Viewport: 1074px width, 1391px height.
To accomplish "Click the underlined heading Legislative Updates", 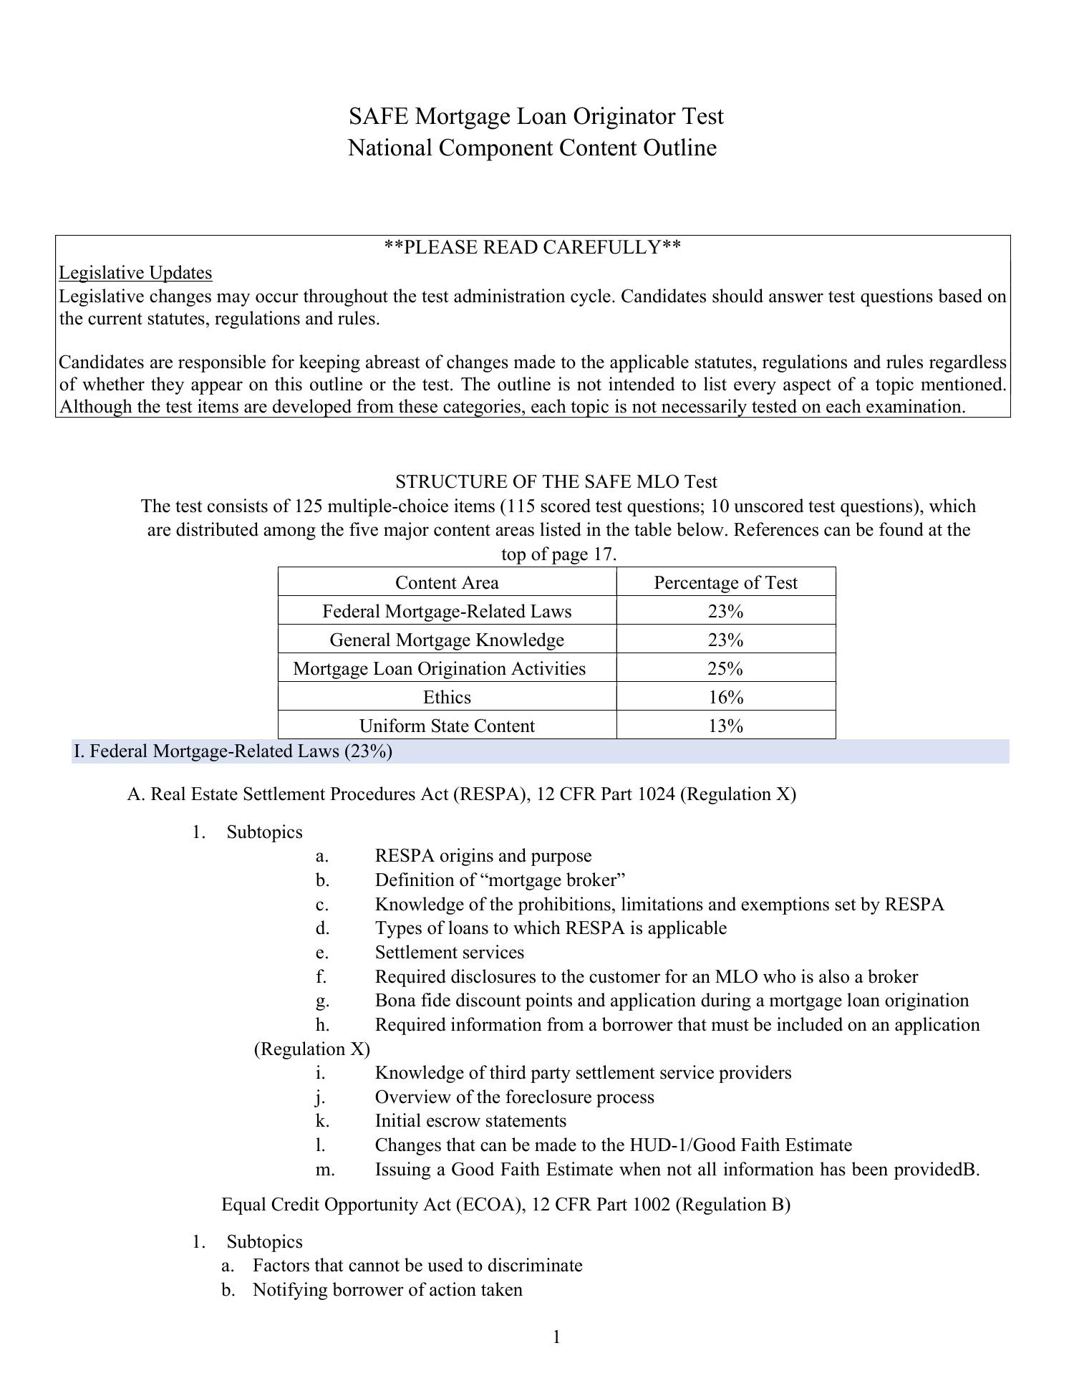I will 135,273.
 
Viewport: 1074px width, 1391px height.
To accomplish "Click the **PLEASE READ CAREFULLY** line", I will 532,248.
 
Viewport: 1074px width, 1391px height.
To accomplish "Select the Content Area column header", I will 447,582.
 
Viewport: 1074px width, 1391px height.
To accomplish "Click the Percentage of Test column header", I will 725,582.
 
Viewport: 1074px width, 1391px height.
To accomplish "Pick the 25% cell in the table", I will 725,668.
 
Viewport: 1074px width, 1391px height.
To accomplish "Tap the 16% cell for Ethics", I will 725,697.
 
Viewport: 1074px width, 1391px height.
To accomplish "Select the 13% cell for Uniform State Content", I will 725,726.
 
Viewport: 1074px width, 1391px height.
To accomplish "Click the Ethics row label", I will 447,697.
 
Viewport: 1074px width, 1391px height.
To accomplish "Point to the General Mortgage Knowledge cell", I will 447,640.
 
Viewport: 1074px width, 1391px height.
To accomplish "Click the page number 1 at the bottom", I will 556,1337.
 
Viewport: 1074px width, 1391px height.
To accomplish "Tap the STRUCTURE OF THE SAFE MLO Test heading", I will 556,481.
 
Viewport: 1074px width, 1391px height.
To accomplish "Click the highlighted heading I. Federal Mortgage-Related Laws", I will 233,751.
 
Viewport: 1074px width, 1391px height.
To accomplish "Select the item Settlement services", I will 449,953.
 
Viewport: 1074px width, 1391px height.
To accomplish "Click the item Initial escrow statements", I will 470,1121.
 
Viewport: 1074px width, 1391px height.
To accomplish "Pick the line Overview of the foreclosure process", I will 514,1097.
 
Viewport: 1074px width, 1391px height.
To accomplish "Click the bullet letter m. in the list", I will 324,1169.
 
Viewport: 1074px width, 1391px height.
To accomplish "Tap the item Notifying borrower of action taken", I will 387,1290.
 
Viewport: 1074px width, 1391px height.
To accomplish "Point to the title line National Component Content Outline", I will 532,148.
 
